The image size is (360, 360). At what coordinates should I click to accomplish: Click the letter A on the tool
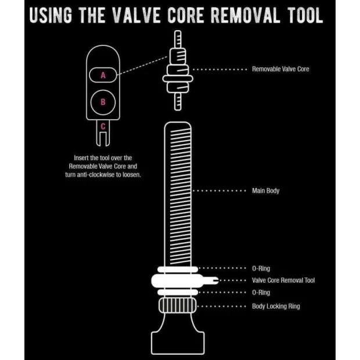click(x=103, y=75)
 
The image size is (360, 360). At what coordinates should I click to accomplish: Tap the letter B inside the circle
click(x=103, y=102)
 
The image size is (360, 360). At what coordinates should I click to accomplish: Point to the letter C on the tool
click(x=103, y=125)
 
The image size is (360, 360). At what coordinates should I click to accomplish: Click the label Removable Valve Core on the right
click(x=280, y=69)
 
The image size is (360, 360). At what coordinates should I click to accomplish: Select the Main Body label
click(x=265, y=190)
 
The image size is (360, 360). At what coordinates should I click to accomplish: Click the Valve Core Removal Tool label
click(x=283, y=280)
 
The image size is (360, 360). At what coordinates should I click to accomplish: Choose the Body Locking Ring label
click(x=276, y=306)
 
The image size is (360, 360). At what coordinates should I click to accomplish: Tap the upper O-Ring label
click(x=261, y=268)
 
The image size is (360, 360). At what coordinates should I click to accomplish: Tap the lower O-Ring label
click(x=261, y=293)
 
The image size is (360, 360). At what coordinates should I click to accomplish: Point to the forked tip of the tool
click(x=103, y=140)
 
